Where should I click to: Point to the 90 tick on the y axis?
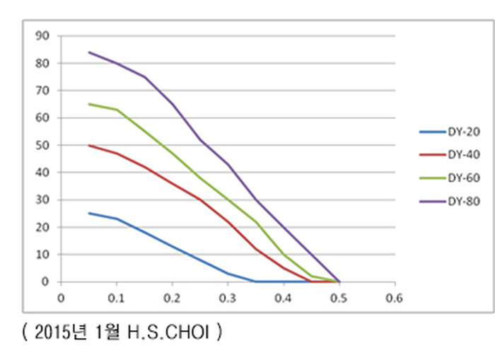(x=43, y=36)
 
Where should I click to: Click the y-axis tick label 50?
(x=43, y=146)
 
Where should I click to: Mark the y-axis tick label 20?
(x=43, y=228)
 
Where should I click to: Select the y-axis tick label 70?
(x=43, y=91)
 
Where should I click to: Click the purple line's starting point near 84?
(x=89, y=52)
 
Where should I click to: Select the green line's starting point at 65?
(x=89, y=104)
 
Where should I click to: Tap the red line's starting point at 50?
(x=89, y=145)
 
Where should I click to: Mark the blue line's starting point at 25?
(x=89, y=213)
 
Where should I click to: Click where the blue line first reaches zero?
(x=255, y=281)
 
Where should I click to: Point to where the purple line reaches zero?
(x=339, y=281)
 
